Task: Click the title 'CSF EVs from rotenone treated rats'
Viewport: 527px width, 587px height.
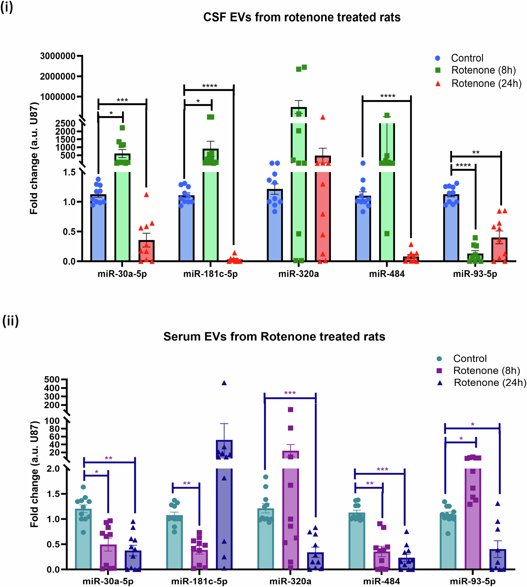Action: pyautogui.click(x=302, y=17)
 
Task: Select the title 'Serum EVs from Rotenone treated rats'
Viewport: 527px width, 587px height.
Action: pyautogui.click(x=274, y=337)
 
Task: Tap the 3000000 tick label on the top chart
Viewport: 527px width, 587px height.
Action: pyautogui.click(x=58, y=56)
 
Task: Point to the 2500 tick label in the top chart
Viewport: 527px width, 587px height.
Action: pyautogui.click(x=65, y=123)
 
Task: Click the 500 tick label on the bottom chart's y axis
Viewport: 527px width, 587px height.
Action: pyautogui.click(x=52, y=379)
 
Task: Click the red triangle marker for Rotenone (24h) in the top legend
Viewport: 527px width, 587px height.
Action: pyautogui.click(x=438, y=84)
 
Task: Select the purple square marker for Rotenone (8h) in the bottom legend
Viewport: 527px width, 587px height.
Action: pyautogui.click(x=439, y=370)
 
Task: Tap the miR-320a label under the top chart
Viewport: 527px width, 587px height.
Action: pyautogui.click(x=299, y=274)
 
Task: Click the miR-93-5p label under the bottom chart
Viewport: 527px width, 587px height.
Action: pyautogui.click(x=472, y=581)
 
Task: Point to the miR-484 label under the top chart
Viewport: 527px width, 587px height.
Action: pyautogui.click(x=387, y=274)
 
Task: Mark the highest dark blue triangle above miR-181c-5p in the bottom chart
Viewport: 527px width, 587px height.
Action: pyautogui.click(x=224, y=383)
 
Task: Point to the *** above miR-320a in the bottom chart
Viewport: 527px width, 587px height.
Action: pyautogui.click(x=290, y=393)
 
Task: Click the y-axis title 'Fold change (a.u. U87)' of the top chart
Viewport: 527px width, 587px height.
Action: pyautogui.click(x=34, y=158)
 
